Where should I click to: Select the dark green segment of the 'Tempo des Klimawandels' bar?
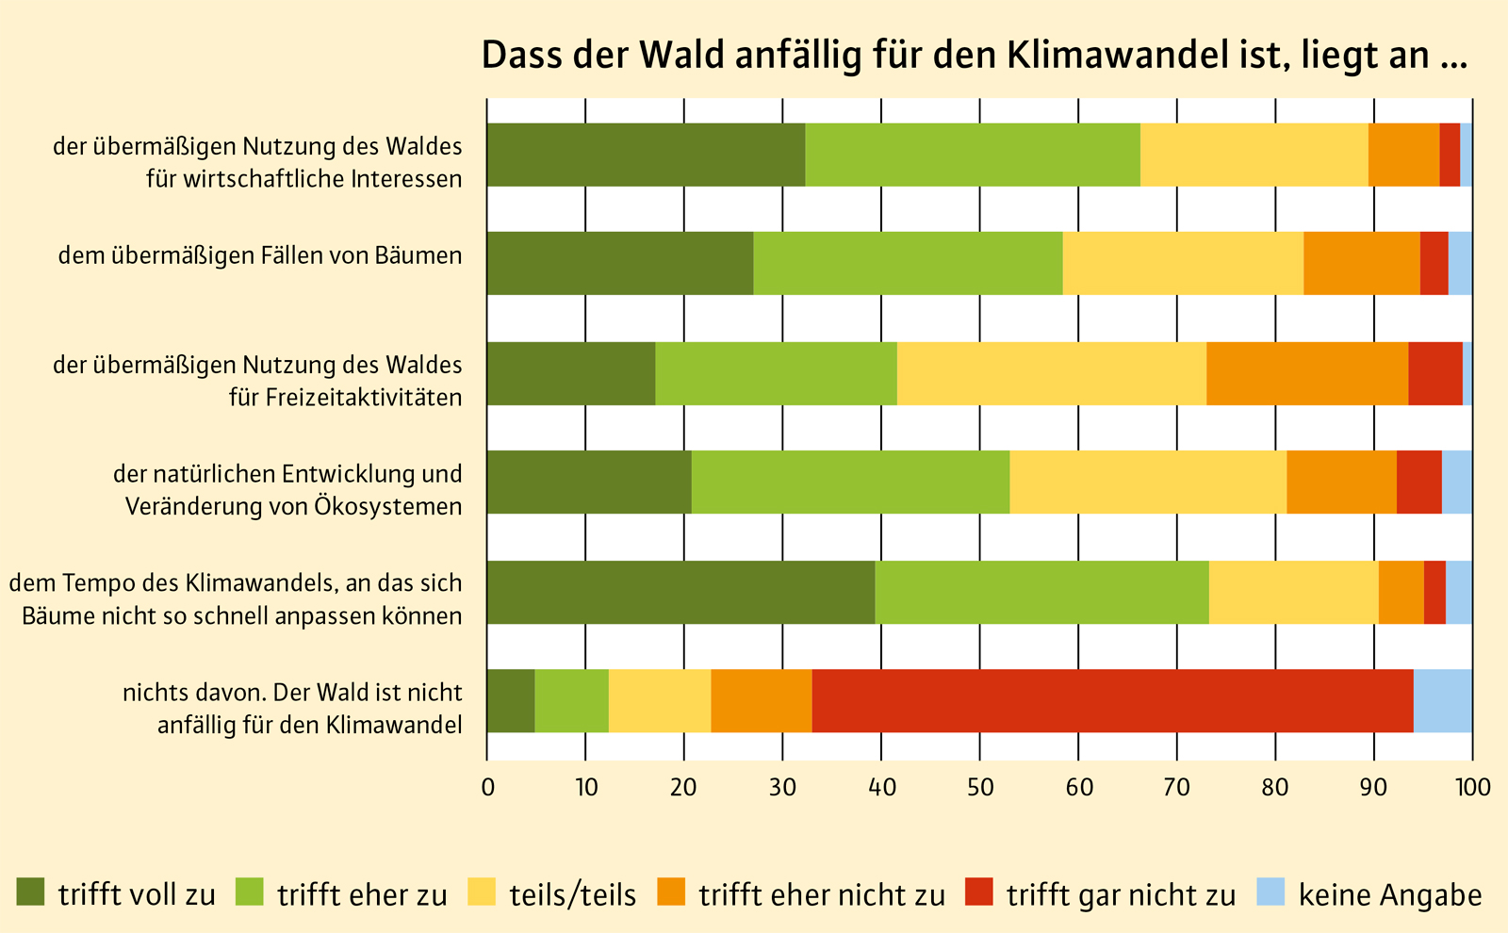coord(680,592)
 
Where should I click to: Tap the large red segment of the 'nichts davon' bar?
coord(1112,701)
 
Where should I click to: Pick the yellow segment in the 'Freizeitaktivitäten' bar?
coord(1051,373)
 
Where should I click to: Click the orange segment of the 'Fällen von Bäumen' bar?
coord(1361,263)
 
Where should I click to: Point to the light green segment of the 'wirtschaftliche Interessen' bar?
coord(973,155)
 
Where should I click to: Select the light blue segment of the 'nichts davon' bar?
coord(1442,701)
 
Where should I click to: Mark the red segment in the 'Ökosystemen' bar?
coord(1418,482)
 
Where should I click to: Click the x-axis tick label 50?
coord(980,788)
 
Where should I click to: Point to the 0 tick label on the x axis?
coord(487,788)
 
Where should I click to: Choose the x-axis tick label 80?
coord(1275,788)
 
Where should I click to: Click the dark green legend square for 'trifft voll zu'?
coord(31,892)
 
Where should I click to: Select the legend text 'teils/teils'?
coord(572,894)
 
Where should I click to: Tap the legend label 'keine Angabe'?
coord(1390,894)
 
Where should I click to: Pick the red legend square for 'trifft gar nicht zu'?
coord(979,892)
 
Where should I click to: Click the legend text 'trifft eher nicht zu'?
coord(821,894)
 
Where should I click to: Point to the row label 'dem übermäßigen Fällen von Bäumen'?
coord(260,255)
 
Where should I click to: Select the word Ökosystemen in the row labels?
coord(387,506)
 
